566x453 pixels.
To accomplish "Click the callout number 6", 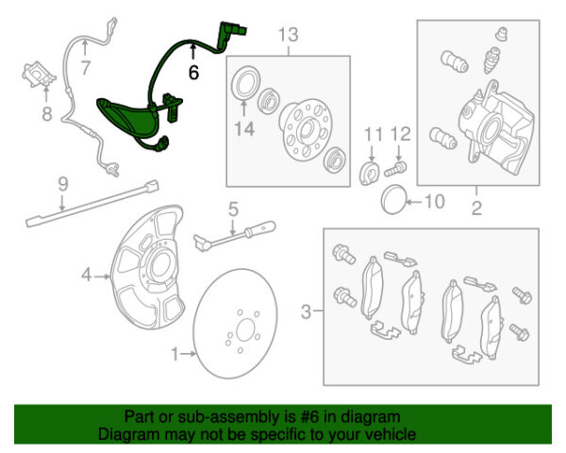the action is (193, 70).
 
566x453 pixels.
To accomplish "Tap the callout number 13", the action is (287, 35).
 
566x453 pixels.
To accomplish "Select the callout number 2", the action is (476, 207).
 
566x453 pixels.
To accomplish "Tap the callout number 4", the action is (87, 276).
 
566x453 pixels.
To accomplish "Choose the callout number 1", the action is (175, 354).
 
